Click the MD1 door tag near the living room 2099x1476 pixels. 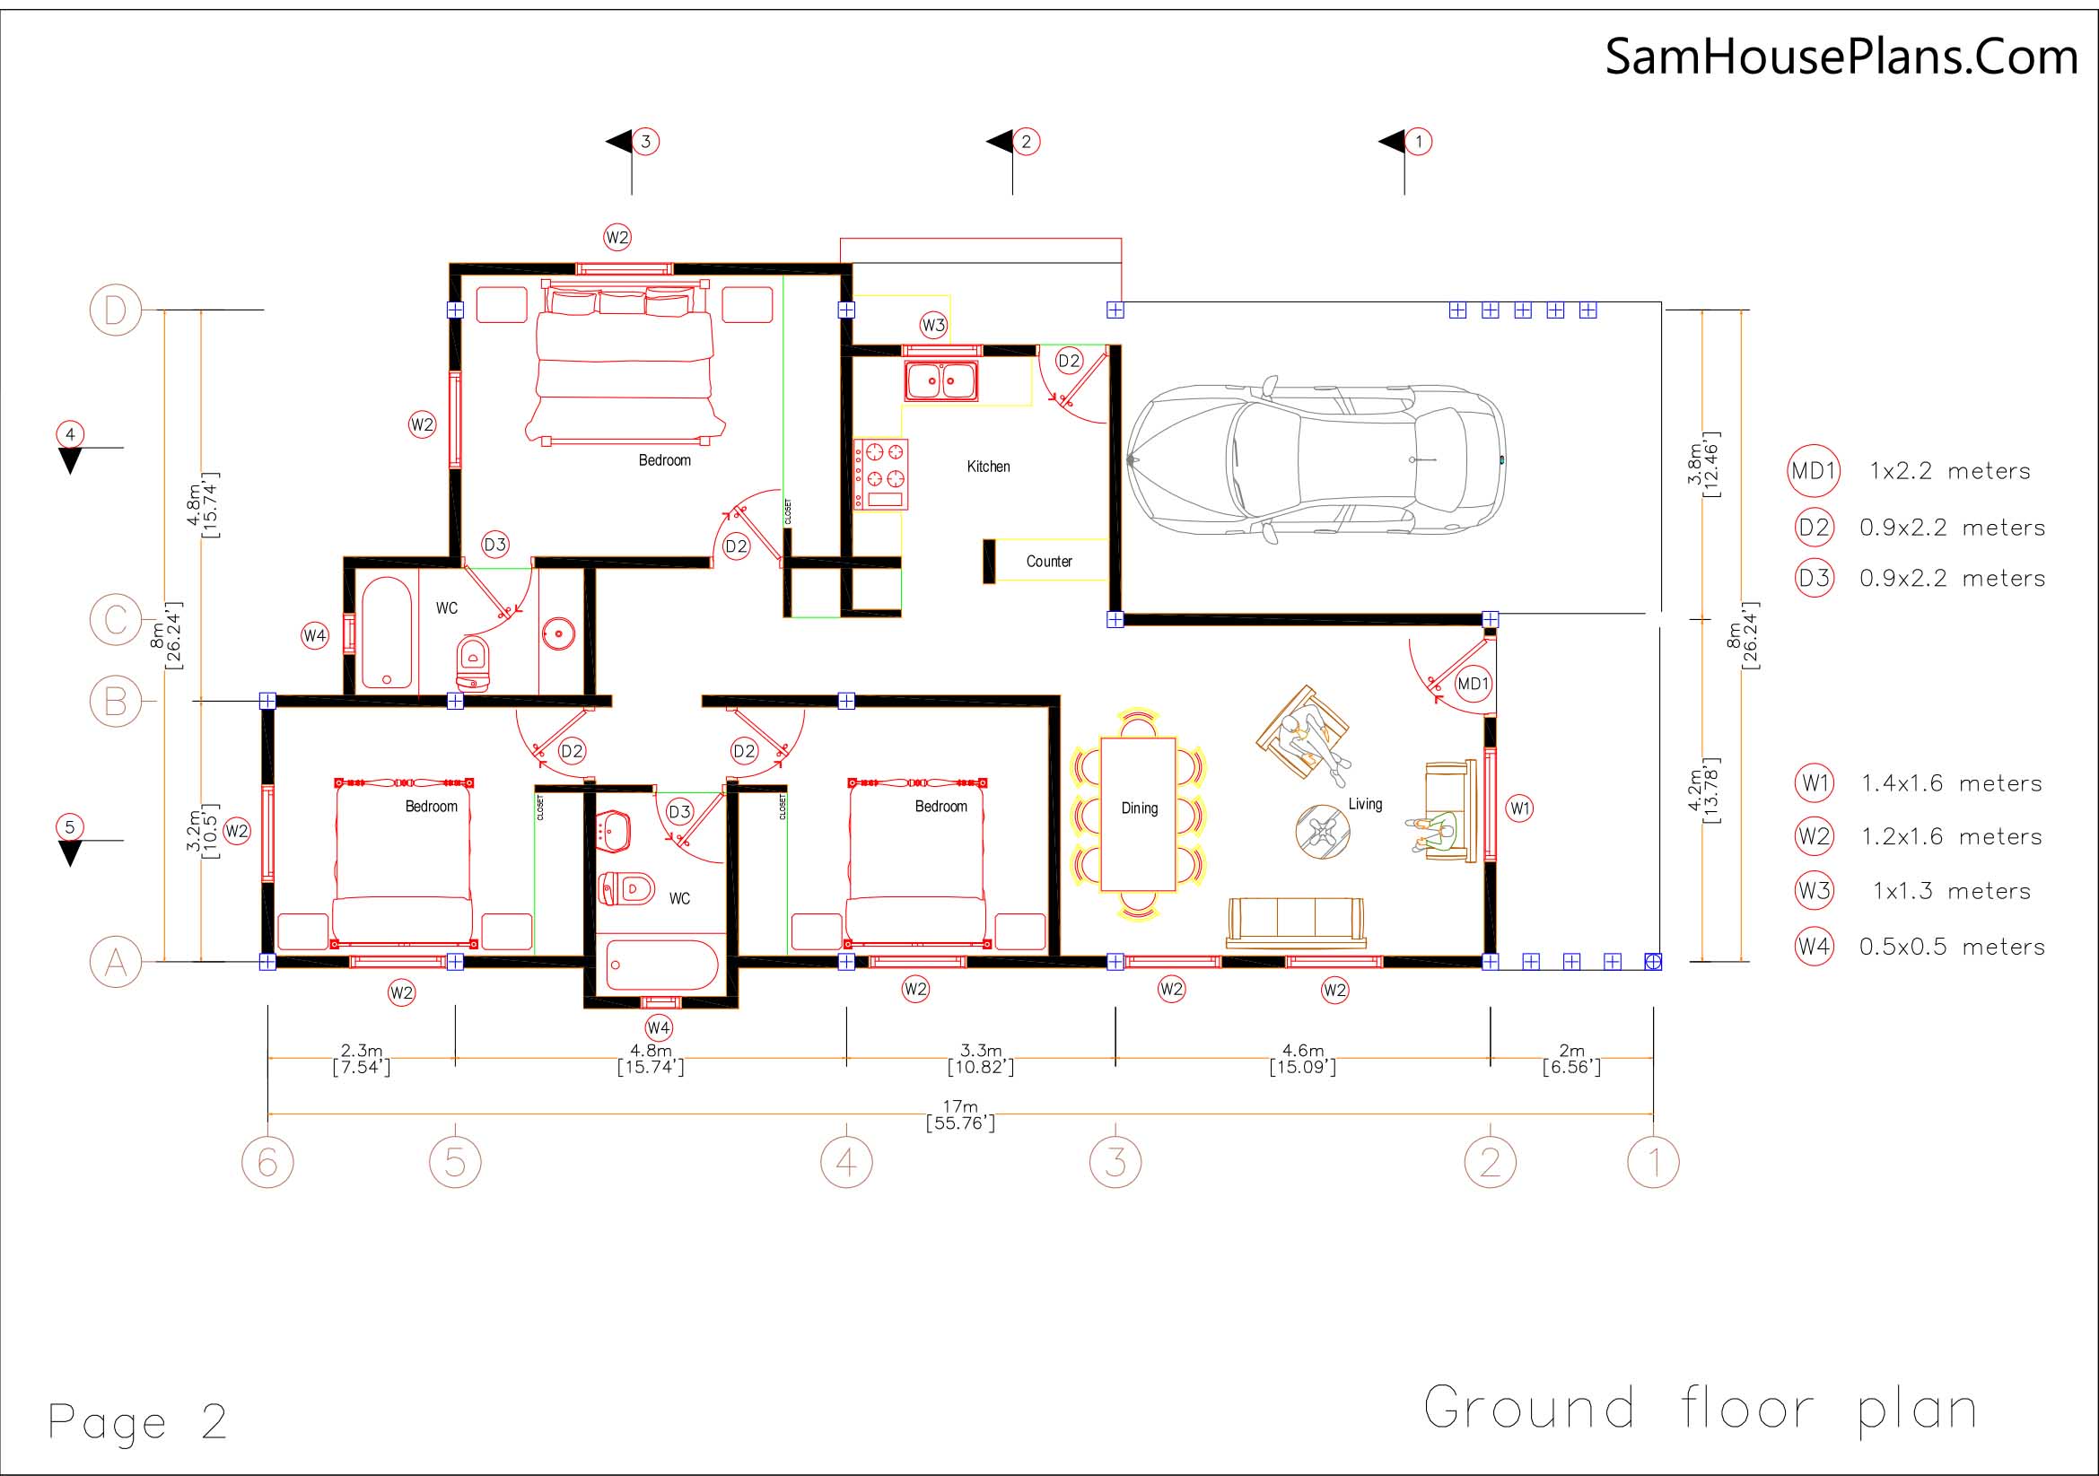pyautogui.click(x=1472, y=684)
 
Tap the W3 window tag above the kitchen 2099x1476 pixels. pyautogui.click(x=933, y=325)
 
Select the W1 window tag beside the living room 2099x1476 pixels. pyautogui.click(x=1518, y=808)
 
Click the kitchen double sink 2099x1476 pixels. pyautogui.click(x=940, y=380)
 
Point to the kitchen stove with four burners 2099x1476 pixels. pyautogui.click(x=881, y=475)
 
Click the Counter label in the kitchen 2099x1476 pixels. pyautogui.click(x=1048, y=561)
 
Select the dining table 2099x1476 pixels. pyautogui.click(x=1138, y=814)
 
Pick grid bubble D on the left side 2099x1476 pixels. pyautogui.click(x=116, y=310)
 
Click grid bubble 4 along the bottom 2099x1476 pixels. pyautogui.click(x=846, y=1162)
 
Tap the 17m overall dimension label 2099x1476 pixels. pyautogui.click(x=960, y=1114)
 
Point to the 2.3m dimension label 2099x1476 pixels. pyautogui.click(x=361, y=1059)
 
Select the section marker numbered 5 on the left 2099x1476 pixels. pyautogui.click(x=70, y=839)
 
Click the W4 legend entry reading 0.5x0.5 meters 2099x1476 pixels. pyautogui.click(x=1920, y=947)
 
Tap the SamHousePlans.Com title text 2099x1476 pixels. pyautogui.click(x=1841, y=57)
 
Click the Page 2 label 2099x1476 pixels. pyautogui.click(x=137, y=1421)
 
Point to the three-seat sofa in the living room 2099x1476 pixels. pyautogui.click(x=1296, y=923)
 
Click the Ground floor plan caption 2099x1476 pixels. pyautogui.click(x=1701, y=1409)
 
